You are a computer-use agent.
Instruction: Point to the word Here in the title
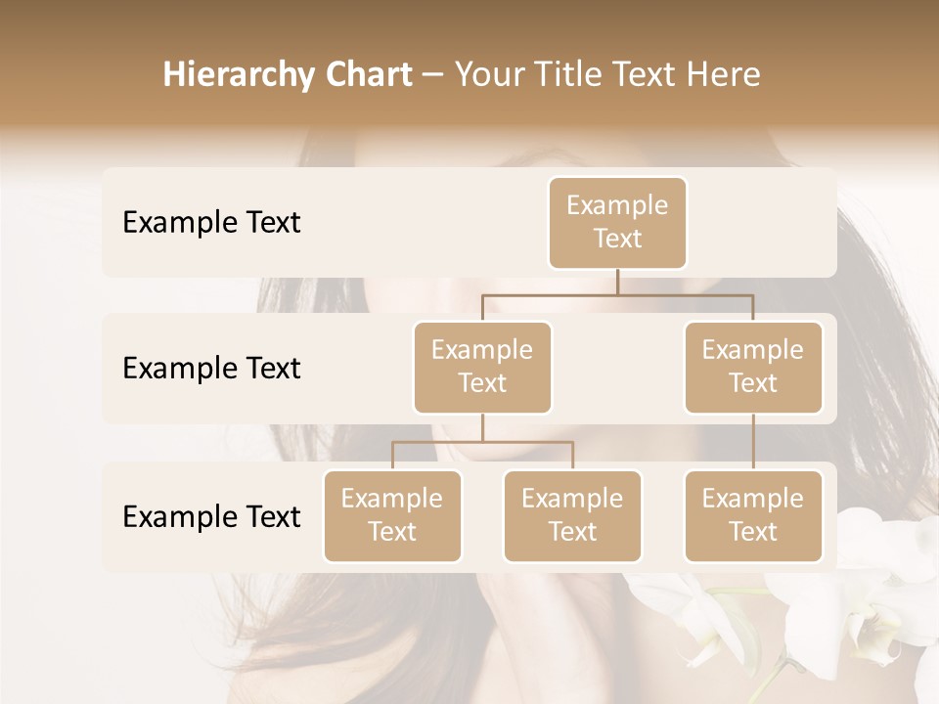click(723, 75)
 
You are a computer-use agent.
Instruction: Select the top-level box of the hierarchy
click(617, 222)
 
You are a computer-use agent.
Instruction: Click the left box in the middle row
click(482, 367)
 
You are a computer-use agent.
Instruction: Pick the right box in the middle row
click(753, 367)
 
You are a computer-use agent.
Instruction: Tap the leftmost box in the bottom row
click(392, 515)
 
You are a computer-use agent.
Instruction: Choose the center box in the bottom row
click(572, 515)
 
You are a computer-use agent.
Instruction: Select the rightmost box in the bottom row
click(753, 515)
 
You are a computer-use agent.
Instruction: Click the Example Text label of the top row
click(211, 223)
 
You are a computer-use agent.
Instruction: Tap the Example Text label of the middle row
click(211, 369)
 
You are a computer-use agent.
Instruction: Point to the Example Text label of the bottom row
click(211, 517)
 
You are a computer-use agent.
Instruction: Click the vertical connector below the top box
click(617, 282)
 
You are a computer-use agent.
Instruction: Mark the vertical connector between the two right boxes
click(753, 442)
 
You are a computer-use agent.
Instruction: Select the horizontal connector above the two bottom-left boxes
click(482, 442)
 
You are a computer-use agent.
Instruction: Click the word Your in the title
click(486, 75)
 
